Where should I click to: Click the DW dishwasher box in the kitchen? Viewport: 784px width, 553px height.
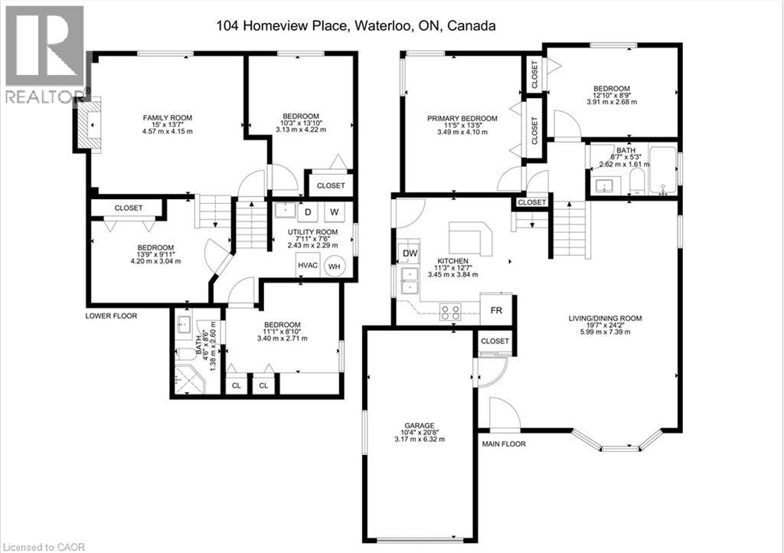pos(410,254)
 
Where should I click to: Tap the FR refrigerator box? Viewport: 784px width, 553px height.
pos(496,310)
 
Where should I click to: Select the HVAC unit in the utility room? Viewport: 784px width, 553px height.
pos(308,265)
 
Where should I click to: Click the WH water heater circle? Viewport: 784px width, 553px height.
pos(334,266)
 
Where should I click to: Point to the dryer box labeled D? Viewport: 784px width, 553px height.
pos(308,212)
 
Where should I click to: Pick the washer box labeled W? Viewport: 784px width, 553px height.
pos(335,212)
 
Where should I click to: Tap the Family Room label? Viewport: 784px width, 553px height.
pos(168,125)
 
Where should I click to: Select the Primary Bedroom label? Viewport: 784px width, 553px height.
pos(462,125)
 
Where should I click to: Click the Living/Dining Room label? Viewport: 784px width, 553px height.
pos(605,325)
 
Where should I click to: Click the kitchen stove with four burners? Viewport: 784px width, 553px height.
pos(450,312)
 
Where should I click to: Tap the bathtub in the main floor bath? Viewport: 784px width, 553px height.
pos(662,170)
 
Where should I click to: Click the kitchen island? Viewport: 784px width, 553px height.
pos(470,238)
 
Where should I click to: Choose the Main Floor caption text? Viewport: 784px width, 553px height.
pos(504,443)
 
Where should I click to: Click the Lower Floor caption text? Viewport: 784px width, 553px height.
pos(111,316)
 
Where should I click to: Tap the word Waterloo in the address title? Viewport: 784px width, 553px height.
pos(383,25)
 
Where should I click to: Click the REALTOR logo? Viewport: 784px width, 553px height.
pos(46,54)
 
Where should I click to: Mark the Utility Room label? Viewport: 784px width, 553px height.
pos(312,238)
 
